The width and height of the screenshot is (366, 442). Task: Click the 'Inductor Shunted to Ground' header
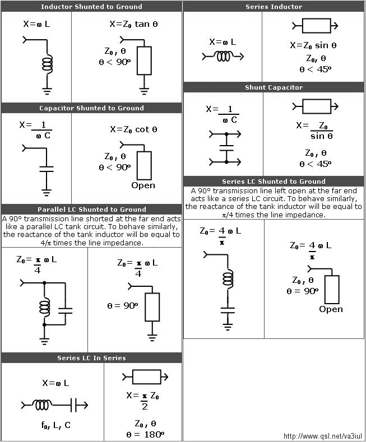click(91, 7)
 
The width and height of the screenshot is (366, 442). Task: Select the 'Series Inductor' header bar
click(274, 7)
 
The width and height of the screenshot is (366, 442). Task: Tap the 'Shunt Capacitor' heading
click(274, 87)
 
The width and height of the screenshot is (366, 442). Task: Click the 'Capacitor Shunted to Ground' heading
click(91, 108)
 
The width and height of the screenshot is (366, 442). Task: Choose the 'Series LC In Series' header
click(91, 358)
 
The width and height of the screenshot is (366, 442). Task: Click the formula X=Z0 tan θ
click(133, 24)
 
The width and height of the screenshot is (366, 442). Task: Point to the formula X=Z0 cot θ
click(133, 129)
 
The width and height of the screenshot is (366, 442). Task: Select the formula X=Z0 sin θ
click(313, 45)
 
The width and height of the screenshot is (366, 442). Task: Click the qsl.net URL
click(323, 436)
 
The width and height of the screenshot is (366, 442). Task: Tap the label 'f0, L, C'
click(56, 425)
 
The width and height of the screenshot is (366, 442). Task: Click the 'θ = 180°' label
click(145, 434)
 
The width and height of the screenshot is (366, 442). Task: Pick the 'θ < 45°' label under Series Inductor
click(315, 69)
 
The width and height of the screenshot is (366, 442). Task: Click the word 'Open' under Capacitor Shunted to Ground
click(143, 185)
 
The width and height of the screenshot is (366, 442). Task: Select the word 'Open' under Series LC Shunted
click(331, 309)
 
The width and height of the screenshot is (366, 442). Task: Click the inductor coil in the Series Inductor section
click(223, 57)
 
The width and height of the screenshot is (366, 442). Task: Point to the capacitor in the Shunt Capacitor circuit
click(226, 148)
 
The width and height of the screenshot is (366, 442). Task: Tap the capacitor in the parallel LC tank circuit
click(66, 311)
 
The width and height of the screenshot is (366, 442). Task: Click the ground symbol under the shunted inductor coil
click(47, 91)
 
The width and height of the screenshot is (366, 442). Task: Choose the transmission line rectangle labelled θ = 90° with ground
click(152, 307)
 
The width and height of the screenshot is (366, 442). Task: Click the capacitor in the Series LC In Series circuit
click(73, 406)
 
